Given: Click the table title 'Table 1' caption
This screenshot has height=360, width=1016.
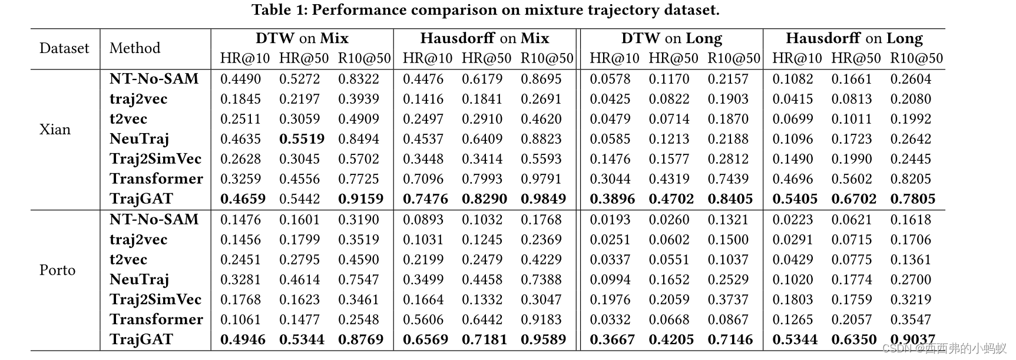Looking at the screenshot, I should click(x=485, y=10).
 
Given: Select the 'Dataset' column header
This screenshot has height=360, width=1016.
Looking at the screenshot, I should click(x=64, y=48).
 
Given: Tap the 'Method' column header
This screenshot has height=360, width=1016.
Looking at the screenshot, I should click(x=135, y=48).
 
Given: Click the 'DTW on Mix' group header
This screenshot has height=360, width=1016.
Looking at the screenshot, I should click(x=302, y=39).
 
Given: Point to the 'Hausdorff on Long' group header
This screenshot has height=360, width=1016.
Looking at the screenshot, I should click(x=853, y=39).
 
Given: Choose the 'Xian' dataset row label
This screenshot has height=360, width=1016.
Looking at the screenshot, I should click(x=55, y=130).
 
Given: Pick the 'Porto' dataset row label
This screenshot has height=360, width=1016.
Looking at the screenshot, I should click(x=57, y=270).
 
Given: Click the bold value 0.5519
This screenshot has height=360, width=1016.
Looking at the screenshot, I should click(x=302, y=139).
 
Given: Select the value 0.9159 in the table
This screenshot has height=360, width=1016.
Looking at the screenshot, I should click(x=360, y=199).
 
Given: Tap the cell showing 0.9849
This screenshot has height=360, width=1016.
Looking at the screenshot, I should click(x=543, y=199).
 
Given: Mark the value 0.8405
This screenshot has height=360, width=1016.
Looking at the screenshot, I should click(x=730, y=199).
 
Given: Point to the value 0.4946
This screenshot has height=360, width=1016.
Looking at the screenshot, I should click(x=243, y=340).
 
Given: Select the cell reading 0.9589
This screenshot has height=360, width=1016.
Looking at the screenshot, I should click(x=543, y=340).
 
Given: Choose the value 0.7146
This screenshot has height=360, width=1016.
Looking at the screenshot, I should click(x=730, y=340).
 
